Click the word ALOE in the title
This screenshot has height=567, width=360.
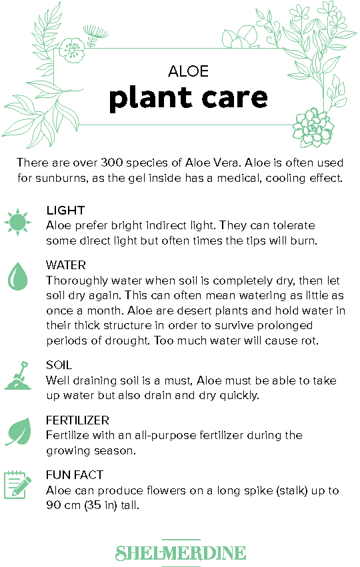[x=188, y=71]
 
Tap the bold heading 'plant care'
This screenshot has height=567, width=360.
[x=188, y=98]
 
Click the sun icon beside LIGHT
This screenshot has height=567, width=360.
[x=17, y=222]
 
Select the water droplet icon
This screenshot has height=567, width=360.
[x=17, y=277]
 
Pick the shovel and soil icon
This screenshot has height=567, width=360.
[x=17, y=375]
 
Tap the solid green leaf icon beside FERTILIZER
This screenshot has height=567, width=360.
[x=18, y=431]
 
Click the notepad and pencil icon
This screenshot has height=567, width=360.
[x=17, y=485]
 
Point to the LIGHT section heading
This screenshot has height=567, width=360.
[x=65, y=211]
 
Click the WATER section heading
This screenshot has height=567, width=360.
[x=66, y=265]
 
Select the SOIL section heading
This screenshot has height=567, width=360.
[x=59, y=365]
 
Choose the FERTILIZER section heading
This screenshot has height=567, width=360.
[x=77, y=420]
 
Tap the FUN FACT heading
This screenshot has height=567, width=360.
[x=75, y=475]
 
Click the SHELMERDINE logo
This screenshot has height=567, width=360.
[x=181, y=553]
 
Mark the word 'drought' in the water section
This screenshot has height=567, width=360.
[x=127, y=340]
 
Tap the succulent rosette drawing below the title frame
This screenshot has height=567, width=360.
[x=312, y=128]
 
